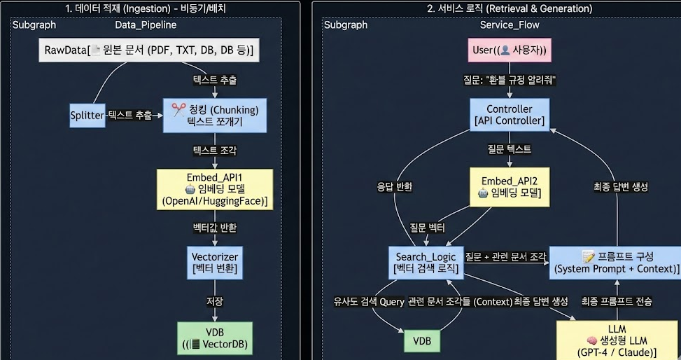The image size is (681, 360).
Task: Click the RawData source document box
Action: click(148, 50)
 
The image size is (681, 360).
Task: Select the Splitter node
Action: click(87, 115)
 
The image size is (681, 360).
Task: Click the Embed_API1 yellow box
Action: click(215, 188)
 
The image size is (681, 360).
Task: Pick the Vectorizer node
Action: click(215, 262)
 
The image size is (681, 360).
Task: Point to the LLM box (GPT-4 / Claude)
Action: click(617, 340)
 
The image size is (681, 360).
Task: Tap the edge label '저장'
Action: click(214, 301)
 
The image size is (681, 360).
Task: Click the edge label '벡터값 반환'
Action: click(215, 228)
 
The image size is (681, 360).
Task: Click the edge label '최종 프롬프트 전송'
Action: click(617, 301)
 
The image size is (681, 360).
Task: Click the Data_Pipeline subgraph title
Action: click(146, 25)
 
